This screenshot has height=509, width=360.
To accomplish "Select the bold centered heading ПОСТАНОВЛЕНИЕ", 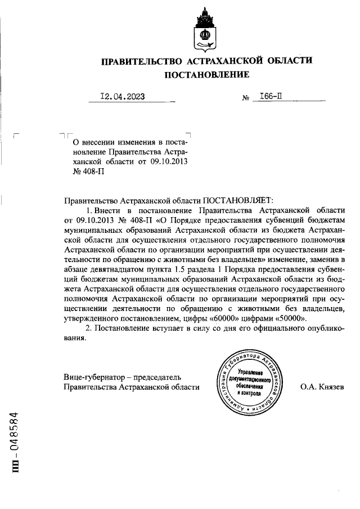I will pos(206,75).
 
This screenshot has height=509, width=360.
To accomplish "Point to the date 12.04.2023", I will pos(122,96).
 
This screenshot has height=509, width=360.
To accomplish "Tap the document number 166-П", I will pos(267,96).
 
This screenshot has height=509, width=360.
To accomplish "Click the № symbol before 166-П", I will pos(245,98).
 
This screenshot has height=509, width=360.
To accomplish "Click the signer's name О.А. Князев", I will pos(322,387).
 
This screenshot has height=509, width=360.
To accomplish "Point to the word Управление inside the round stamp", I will pos(250,373).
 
